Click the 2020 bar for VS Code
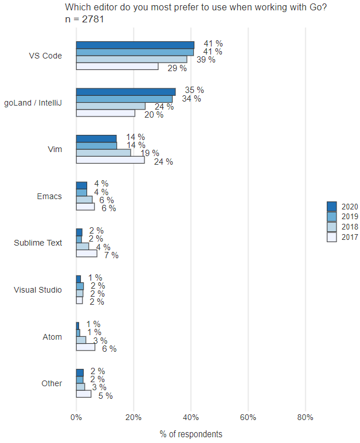(135, 45)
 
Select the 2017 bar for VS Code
(117, 67)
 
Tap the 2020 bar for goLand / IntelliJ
(126, 92)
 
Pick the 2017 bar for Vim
(111, 161)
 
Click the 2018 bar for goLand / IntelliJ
(111, 106)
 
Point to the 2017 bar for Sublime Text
(87, 254)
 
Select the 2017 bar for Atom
(85, 347)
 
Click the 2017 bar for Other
(84, 394)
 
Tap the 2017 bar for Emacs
(85, 207)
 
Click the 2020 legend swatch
(331, 206)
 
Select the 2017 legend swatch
(331, 237)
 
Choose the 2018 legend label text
(349, 227)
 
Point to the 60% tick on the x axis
(248, 417)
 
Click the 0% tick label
(76, 417)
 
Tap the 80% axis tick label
(305, 417)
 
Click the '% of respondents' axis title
(191, 434)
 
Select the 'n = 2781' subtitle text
(85, 19)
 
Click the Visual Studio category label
(38, 290)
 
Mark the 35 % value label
(194, 90)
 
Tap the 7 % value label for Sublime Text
(111, 255)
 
